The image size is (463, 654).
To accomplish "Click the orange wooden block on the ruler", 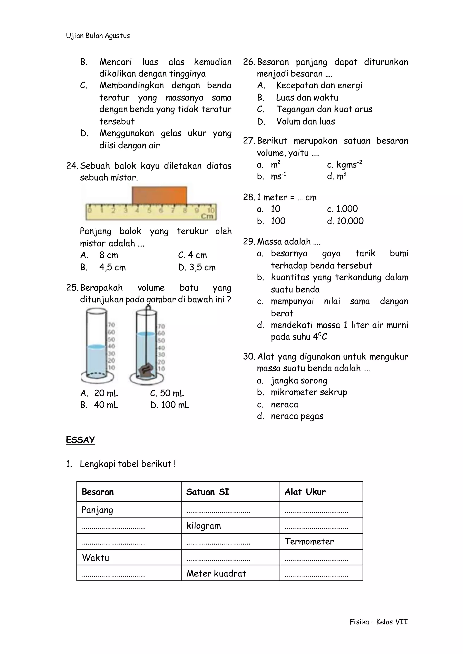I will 159,195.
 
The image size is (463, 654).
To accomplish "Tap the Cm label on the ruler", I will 207,216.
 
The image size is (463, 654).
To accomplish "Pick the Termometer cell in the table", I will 309,541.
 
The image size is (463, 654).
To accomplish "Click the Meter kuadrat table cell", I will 216,573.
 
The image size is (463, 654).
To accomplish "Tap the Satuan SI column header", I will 208,492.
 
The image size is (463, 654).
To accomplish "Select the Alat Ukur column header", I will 305,492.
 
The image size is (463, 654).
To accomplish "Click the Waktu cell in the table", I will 95,558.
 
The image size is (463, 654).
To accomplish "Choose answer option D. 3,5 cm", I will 197,267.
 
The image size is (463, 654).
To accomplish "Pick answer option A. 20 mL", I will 99,393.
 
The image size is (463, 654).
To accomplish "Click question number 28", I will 249,197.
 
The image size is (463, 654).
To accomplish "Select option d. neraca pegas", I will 290,416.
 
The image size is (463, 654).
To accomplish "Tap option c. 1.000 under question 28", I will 342,209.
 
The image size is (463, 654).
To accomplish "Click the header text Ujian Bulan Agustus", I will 98,36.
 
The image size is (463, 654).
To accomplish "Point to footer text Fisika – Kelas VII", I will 379,622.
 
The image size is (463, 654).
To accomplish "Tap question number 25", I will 72,287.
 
